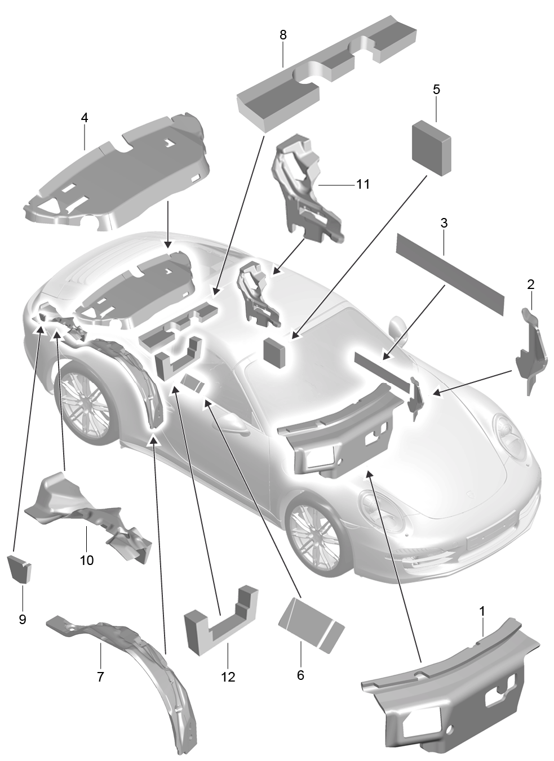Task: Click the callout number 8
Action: pyautogui.click(x=283, y=35)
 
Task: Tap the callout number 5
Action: pyautogui.click(x=436, y=90)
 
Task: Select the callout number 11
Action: pyautogui.click(x=362, y=184)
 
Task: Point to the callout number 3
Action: pyautogui.click(x=444, y=223)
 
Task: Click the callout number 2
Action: pyautogui.click(x=530, y=284)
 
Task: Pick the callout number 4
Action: pyautogui.click(x=85, y=118)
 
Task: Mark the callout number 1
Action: pyautogui.click(x=482, y=611)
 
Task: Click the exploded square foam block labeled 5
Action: pyautogui.click(x=432, y=148)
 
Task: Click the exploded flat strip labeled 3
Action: pyautogui.click(x=450, y=274)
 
